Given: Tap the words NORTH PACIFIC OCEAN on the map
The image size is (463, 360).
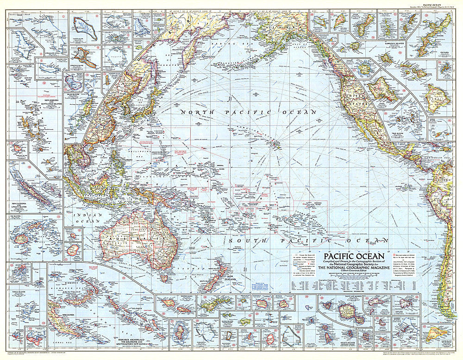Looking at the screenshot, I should click(x=248, y=112).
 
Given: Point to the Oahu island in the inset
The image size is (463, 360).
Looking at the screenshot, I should click(x=382, y=88).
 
